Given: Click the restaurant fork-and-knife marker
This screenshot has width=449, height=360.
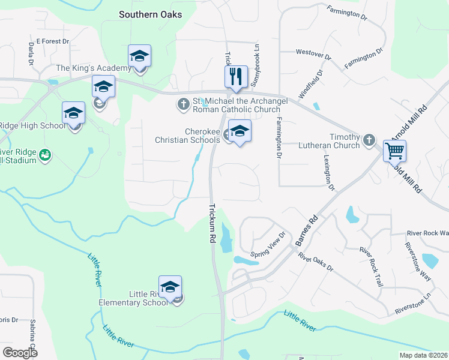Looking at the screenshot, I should click(236, 76).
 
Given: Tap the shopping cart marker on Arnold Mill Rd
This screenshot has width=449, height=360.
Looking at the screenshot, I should click(395, 151).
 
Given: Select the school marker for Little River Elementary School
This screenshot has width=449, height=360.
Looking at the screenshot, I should click(170, 286).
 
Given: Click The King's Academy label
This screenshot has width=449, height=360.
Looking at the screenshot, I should click(93, 68).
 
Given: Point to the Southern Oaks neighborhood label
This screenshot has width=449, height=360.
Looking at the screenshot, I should click(150, 14).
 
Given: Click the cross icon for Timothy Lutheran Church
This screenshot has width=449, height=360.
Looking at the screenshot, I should click(369, 141).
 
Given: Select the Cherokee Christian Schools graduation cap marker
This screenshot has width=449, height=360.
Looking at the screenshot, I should click(240, 131).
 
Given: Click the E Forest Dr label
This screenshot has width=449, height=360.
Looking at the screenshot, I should click(53, 41).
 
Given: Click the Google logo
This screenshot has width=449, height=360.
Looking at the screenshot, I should click(20, 352).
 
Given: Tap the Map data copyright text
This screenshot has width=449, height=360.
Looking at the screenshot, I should click(424, 355).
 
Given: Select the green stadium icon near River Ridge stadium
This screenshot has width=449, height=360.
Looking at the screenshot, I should click(44, 156).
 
